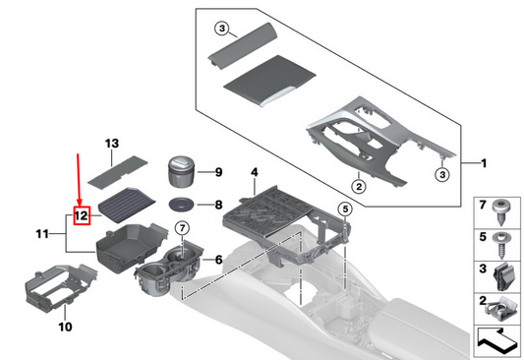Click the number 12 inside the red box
pyautogui.click(x=82, y=215)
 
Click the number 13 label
pyautogui.click(x=112, y=144)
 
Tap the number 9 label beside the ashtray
pyautogui.click(x=218, y=172)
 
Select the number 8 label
pyautogui.click(x=218, y=205)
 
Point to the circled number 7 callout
pyautogui.click(x=182, y=228)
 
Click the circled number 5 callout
pyautogui.click(x=345, y=210)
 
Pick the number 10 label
pyautogui.click(x=65, y=327)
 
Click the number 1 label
pyautogui.click(x=484, y=163)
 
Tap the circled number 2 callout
pyautogui.click(x=359, y=186)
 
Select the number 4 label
pyautogui.click(x=255, y=172)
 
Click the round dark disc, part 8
pyautogui.click(x=182, y=205)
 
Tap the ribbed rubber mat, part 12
pyautogui.click(x=127, y=206)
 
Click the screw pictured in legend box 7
pyautogui.click(x=501, y=211)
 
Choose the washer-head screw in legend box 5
pyautogui.click(x=501, y=246)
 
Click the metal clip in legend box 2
pyautogui.click(x=500, y=309)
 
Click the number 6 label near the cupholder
pyautogui.click(x=218, y=260)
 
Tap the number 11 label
pyautogui.click(x=42, y=234)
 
